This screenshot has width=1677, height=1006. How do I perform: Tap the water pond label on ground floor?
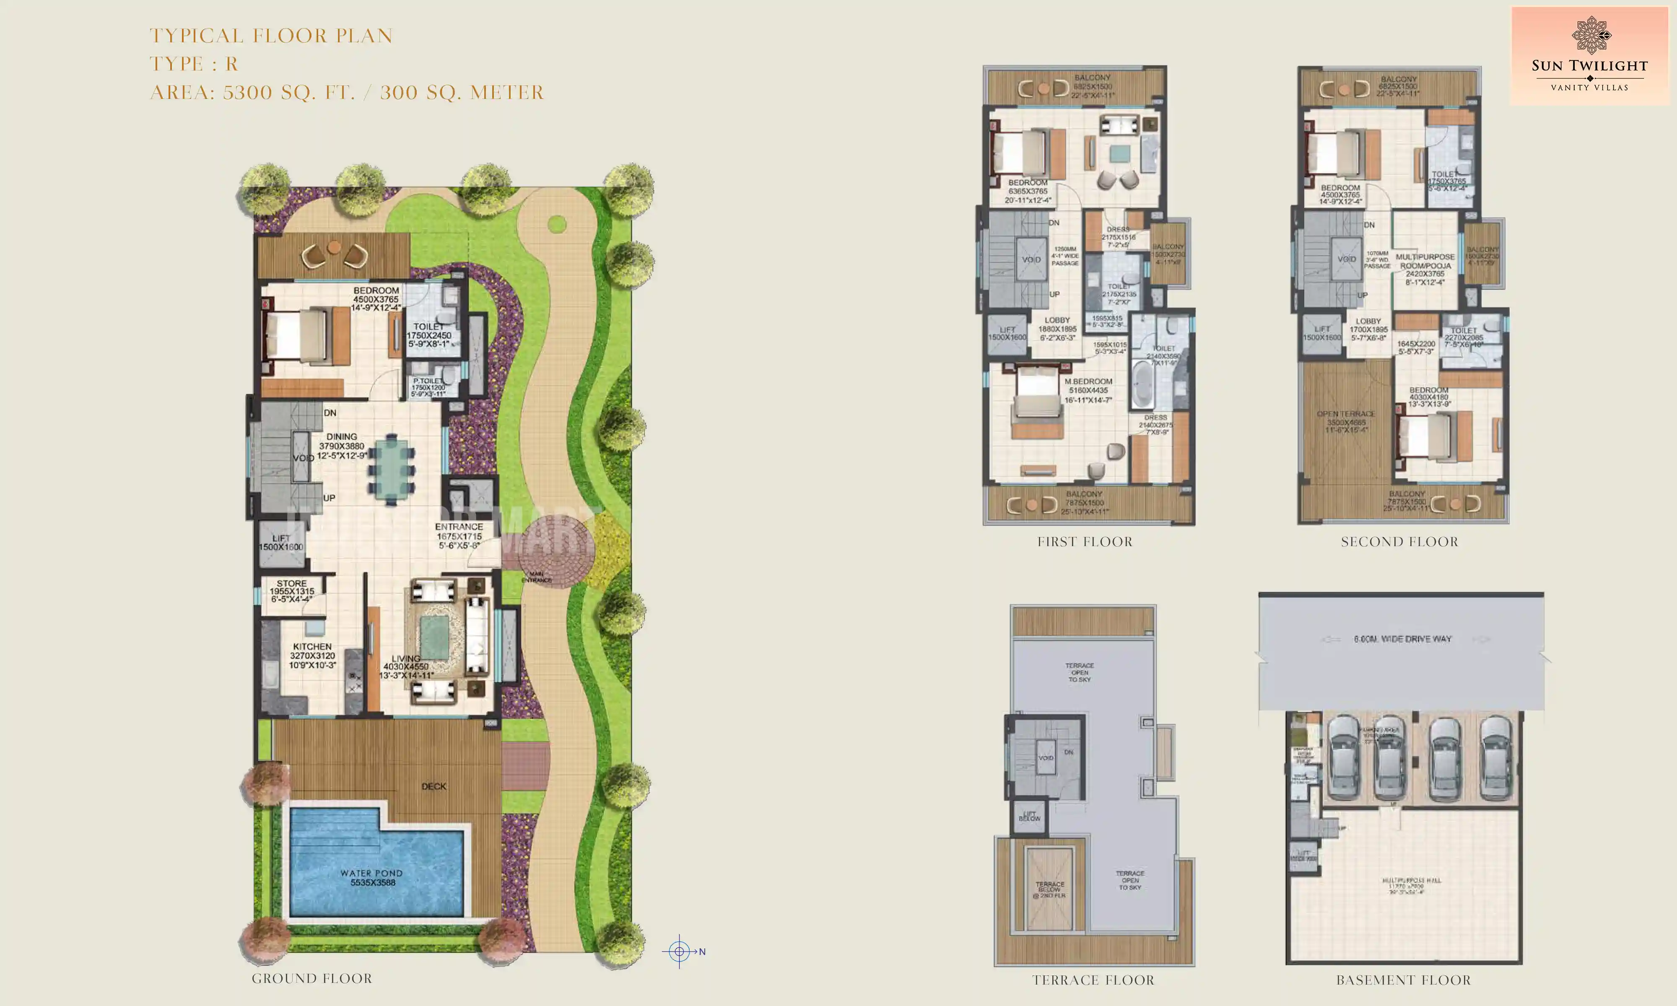pyautogui.click(x=371, y=878)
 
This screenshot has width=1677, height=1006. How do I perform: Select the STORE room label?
pyautogui.click(x=291, y=583)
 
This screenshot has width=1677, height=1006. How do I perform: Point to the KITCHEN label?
pyautogui.click(x=312, y=647)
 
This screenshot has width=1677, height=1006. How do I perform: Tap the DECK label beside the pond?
pyautogui.click(x=434, y=786)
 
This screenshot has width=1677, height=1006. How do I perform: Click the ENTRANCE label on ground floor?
pyautogui.click(x=459, y=527)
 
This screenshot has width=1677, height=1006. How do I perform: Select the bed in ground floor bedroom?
pyautogui.click(x=298, y=336)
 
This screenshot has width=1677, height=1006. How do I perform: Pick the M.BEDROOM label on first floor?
pyautogui.click(x=1088, y=382)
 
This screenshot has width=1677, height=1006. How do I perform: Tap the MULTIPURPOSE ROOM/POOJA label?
pyautogui.click(x=1425, y=261)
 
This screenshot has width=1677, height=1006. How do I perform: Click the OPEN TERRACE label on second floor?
pyautogui.click(x=1345, y=414)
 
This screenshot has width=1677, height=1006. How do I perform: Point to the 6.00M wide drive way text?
pyautogui.click(x=1402, y=638)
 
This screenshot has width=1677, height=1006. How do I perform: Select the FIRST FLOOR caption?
pyautogui.click(x=1085, y=542)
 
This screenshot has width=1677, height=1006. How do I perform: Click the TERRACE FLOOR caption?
pyautogui.click(x=1093, y=980)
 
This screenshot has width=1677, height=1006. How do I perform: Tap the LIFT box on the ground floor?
pyautogui.click(x=281, y=543)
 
